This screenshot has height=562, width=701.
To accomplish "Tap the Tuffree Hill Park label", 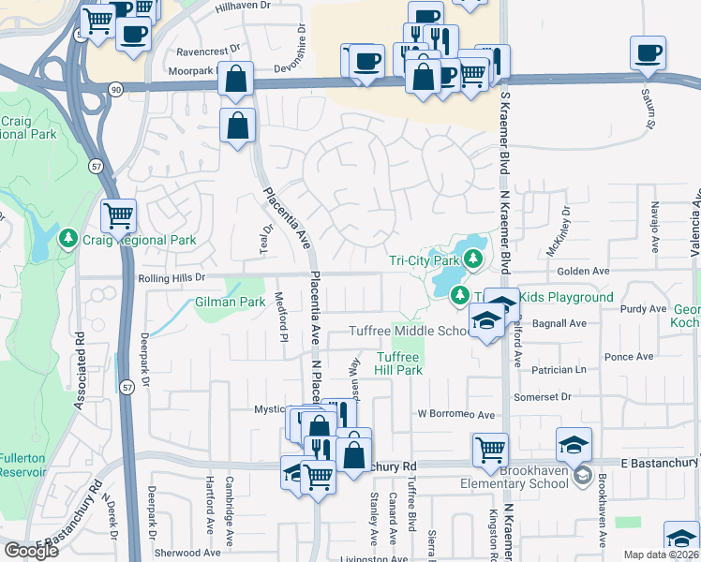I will (400, 363).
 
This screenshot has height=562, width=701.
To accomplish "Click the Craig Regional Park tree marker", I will (67, 240).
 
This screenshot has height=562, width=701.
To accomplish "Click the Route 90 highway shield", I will (115, 88).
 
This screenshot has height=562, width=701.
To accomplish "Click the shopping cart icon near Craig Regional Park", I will (119, 216).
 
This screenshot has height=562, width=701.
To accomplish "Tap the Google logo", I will (31, 551).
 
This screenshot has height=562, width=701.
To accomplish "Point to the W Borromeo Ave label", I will (455, 414).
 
